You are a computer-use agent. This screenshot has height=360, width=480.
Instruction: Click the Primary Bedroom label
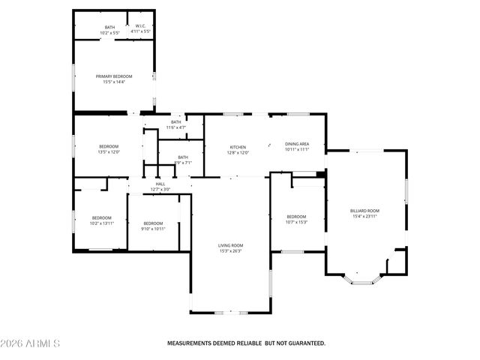point(114,76)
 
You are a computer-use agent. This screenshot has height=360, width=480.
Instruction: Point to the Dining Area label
point(297,144)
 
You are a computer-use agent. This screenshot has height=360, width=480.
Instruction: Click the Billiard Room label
point(364,211)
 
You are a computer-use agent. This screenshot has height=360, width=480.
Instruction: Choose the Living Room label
point(230,245)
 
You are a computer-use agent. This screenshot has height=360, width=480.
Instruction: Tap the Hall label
point(160,184)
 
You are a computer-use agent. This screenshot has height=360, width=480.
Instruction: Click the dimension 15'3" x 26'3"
point(230,251)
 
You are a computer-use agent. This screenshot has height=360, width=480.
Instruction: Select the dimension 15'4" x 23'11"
point(364,217)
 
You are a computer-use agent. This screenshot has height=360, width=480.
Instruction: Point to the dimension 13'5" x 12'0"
point(109,151)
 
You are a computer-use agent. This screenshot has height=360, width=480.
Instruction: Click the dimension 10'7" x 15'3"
point(297,222)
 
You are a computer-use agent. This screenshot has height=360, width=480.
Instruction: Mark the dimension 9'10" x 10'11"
point(153,228)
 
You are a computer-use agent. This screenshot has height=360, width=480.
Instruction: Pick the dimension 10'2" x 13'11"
point(101,223)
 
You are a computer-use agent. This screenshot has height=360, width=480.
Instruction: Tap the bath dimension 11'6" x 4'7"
point(176,127)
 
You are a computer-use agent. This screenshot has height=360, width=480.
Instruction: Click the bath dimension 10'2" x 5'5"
point(110,32)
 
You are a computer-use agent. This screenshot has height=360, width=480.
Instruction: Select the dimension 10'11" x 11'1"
point(297,149)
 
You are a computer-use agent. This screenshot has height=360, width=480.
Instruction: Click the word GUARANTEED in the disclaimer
point(304,343)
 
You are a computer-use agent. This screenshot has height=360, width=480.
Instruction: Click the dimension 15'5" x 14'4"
point(114,81)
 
